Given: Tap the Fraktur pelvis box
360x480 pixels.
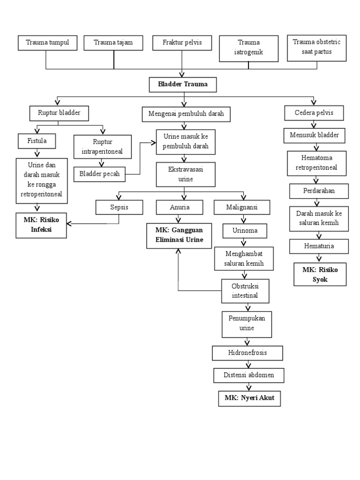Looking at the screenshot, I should point(182,43).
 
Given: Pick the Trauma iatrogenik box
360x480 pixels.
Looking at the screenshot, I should point(248,48).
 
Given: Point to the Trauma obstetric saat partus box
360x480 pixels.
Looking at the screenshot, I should point(317,47).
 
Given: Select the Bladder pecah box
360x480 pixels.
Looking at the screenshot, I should point(100,174).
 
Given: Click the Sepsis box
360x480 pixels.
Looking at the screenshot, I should point(119,207).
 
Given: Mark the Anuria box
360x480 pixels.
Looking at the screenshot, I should point(180,207).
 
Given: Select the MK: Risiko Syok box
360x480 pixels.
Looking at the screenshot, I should point(320,275).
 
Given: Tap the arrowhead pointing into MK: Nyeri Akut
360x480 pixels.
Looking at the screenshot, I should point(249,388).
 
